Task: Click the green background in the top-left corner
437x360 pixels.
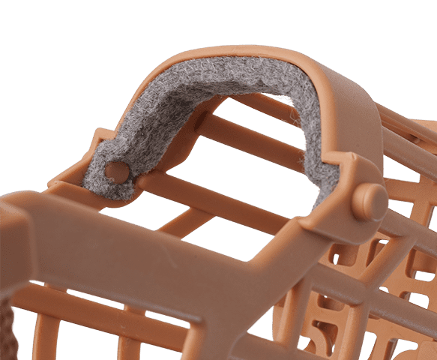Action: (x=30, y=30)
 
